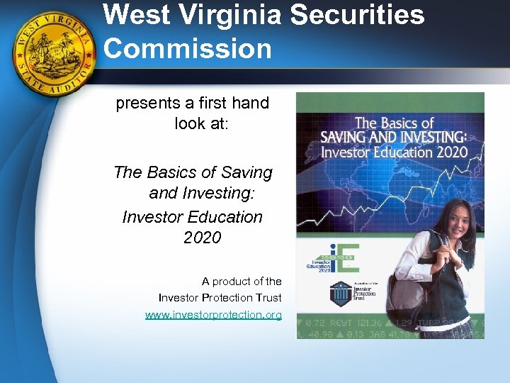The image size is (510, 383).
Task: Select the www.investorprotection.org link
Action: pyautogui.click(x=213, y=314)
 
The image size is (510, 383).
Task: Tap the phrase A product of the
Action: pyautogui.click(x=242, y=282)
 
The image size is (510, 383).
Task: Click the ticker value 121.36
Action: pyautogui.click(x=375, y=323)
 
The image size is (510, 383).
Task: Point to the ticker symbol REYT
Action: pyautogui.click(x=344, y=323)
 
